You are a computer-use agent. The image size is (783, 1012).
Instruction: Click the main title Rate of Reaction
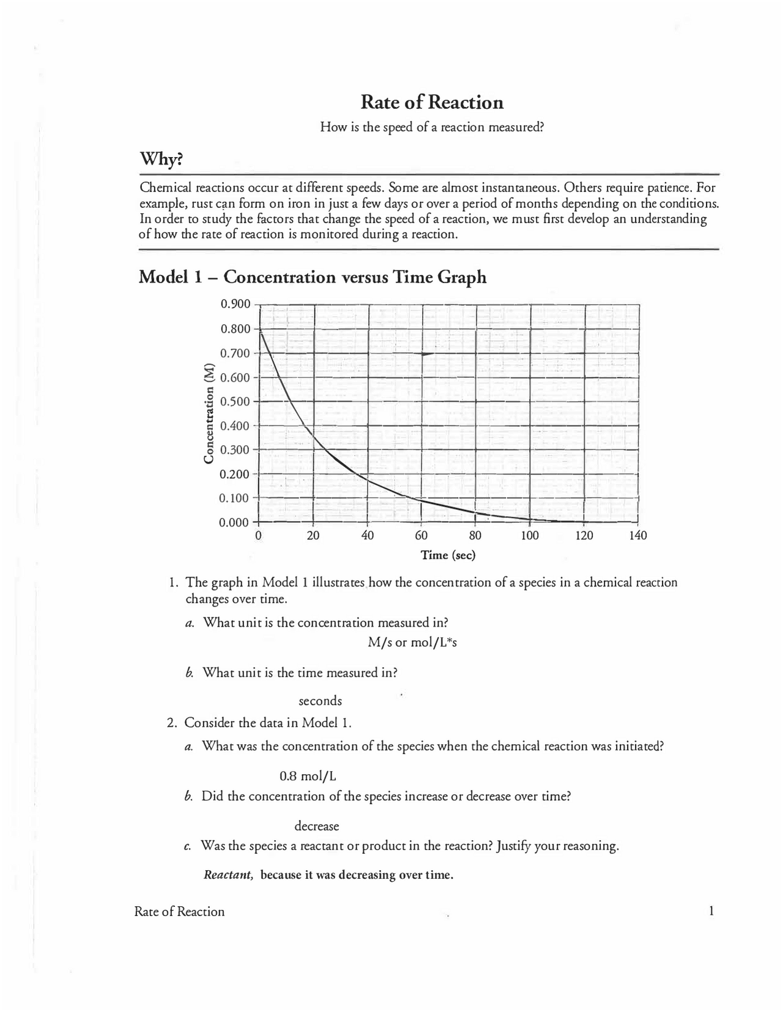(x=432, y=102)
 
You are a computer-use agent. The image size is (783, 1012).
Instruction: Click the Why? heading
(x=161, y=160)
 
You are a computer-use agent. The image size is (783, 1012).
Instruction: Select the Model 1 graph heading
(x=313, y=277)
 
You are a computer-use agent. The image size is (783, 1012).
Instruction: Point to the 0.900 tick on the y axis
(x=236, y=305)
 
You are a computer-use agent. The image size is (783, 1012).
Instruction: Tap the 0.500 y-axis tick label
(x=236, y=402)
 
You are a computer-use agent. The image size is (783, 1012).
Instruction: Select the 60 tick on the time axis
(x=421, y=536)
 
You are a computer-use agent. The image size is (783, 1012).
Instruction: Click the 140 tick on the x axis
(x=637, y=536)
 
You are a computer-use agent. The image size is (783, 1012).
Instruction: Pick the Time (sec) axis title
(x=448, y=555)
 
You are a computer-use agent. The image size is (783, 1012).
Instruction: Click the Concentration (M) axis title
(x=209, y=413)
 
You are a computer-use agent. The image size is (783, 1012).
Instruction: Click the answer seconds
(x=320, y=701)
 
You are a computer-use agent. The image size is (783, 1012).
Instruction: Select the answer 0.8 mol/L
(x=308, y=777)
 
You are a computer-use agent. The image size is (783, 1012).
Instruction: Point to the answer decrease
(x=317, y=827)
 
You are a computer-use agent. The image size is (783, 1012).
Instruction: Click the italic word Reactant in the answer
(x=228, y=875)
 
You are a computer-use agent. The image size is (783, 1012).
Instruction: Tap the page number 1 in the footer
(x=711, y=911)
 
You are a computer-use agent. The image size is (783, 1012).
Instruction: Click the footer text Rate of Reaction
(x=179, y=912)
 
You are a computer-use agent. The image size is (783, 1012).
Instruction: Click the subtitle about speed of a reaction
(x=432, y=127)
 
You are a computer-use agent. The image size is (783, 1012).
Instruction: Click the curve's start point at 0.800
(x=261, y=331)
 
